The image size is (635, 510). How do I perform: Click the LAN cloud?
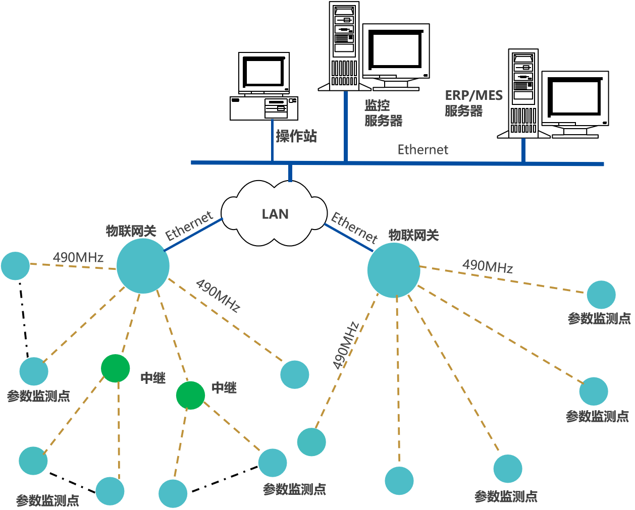click(x=275, y=214)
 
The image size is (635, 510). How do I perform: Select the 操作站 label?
click(x=296, y=136)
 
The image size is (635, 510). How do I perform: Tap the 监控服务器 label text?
click(x=383, y=113)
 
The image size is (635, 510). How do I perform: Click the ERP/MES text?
click(x=473, y=96)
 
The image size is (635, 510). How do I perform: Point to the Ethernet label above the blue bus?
click(x=422, y=150)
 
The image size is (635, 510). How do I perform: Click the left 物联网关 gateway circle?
click(x=143, y=266)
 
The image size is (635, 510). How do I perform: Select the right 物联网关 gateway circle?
click(x=394, y=270)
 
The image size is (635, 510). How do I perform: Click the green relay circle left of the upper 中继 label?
click(x=116, y=368)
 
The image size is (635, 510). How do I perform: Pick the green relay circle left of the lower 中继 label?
click(x=191, y=395)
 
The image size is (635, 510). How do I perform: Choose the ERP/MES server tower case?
click(x=523, y=93)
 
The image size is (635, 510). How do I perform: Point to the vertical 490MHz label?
click(x=346, y=346)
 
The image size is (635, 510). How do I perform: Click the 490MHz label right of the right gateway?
click(x=488, y=266)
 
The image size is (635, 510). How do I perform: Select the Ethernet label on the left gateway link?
click(x=189, y=226)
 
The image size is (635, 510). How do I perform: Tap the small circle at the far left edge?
click(x=15, y=266)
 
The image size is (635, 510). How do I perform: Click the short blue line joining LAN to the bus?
click(x=290, y=173)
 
